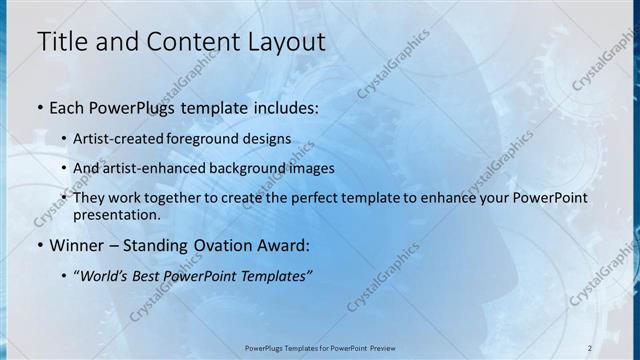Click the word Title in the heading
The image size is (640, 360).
pos(61,42)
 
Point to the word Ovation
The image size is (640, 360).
pos(220,245)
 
